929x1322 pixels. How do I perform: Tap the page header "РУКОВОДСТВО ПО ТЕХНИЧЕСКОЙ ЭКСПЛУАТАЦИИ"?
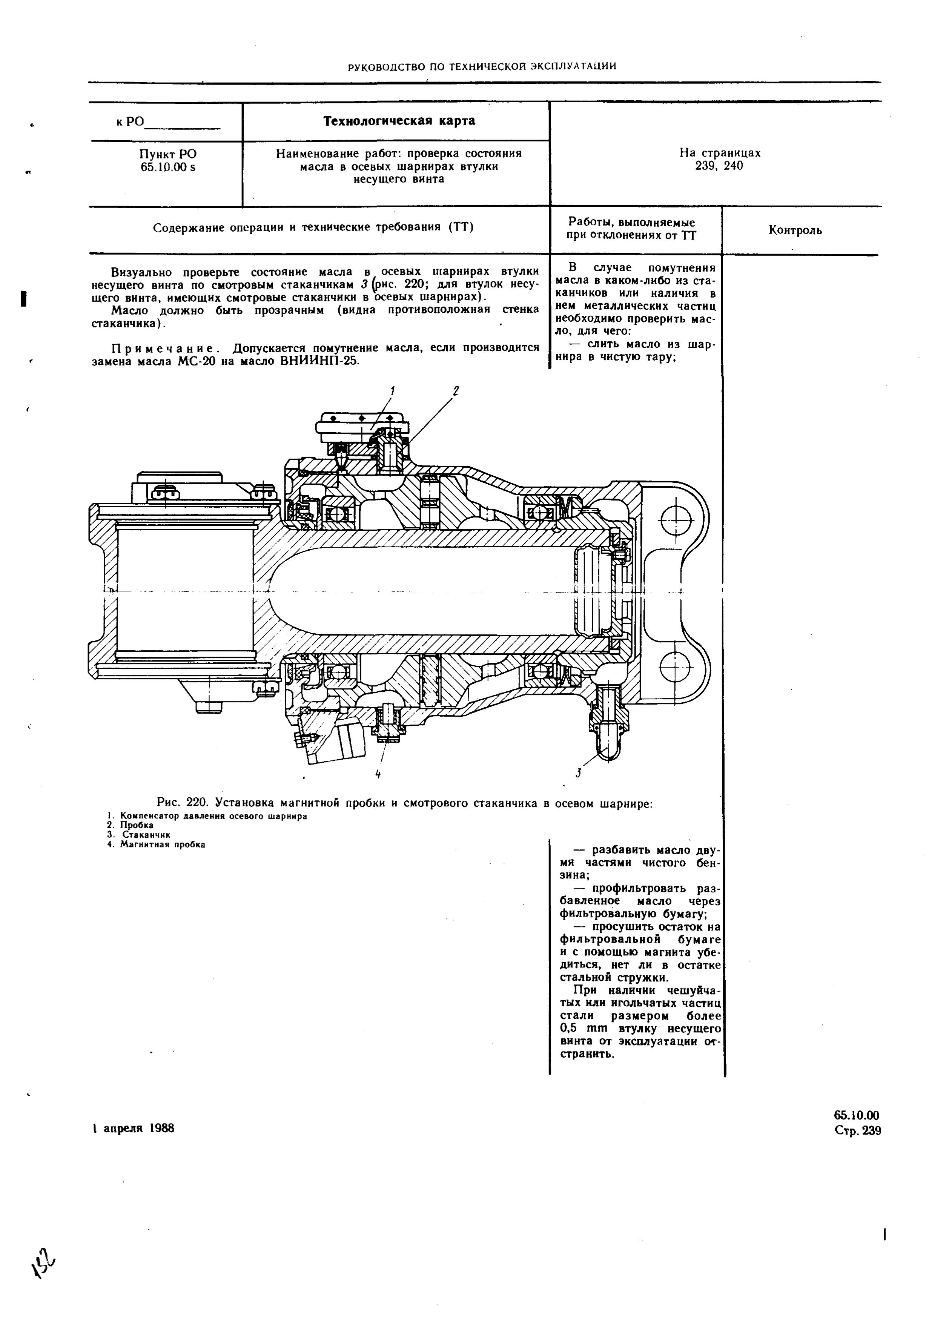483,66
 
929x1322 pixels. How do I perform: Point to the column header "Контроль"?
795,230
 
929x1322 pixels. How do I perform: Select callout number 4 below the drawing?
378,774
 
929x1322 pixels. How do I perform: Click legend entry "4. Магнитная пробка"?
156,844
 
